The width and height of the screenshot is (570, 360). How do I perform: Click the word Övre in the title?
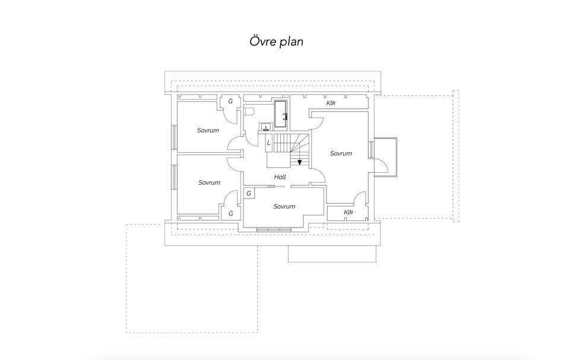pyautogui.click(x=262, y=41)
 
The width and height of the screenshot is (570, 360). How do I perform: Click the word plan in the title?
pyautogui.click(x=291, y=42)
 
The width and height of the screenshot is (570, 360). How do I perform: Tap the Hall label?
pyautogui.click(x=280, y=177)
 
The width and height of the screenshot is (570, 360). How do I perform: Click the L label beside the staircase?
pyautogui.click(x=268, y=143)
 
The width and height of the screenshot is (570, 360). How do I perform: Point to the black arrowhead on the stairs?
pyautogui.click(x=299, y=162)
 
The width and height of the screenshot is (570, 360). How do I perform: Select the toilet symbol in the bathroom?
pyautogui.click(x=248, y=111)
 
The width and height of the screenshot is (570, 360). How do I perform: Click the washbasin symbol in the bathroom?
pyautogui.click(x=266, y=127)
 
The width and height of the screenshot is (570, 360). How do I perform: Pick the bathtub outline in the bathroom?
pyautogui.click(x=280, y=114)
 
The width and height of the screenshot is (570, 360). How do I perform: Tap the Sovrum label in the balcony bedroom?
pyautogui.click(x=341, y=153)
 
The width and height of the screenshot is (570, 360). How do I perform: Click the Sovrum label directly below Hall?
pyautogui.click(x=284, y=207)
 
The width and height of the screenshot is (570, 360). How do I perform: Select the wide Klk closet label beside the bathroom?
pyautogui.click(x=331, y=103)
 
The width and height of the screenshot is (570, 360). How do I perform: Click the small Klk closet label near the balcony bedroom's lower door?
pyautogui.click(x=349, y=212)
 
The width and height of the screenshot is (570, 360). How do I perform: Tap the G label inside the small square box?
pyautogui.click(x=249, y=194)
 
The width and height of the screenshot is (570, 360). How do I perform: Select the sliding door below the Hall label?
pyautogui.click(x=279, y=187)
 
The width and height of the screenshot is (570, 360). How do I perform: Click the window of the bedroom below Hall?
pyautogui.click(x=274, y=229)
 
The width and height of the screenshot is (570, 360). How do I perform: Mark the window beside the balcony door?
pyautogui.click(x=371, y=150)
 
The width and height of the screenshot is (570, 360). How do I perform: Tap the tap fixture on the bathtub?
pyautogui.click(x=285, y=117)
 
